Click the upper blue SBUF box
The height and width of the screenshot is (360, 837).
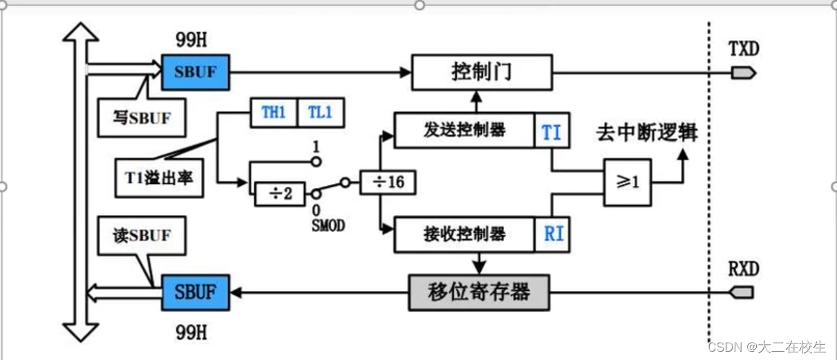pos(196,72)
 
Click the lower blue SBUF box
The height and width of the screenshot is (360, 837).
pos(196,292)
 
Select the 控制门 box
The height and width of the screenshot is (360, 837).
pos(482,72)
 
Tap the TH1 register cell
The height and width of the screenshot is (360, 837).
pos(273,113)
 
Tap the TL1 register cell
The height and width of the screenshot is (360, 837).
pos(320,113)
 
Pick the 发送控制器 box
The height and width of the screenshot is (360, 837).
pos(464,131)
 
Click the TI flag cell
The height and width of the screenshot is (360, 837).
pos(552,131)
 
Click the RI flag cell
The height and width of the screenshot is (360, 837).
pos(553,234)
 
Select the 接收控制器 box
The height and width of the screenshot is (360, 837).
pos(464,234)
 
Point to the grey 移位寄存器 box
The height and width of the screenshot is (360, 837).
pos(479,292)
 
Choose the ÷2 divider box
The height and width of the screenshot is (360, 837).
pos(279,193)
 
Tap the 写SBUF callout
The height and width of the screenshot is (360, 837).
pos(142,118)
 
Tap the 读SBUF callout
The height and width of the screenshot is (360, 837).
pos(142,236)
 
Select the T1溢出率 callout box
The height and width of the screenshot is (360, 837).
pos(159,178)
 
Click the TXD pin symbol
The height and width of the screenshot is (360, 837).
pos(742,73)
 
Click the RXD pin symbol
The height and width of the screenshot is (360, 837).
pos(742,292)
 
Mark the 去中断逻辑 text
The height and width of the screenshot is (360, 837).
pos(646,133)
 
